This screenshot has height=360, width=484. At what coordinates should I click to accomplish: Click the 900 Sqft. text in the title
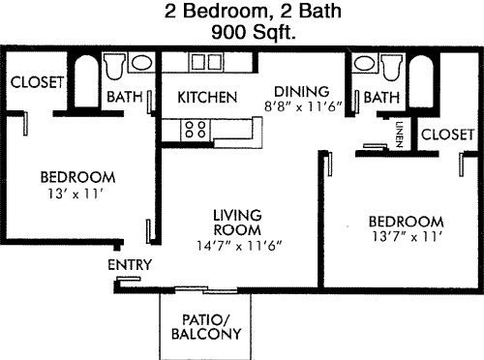click(x=254, y=32)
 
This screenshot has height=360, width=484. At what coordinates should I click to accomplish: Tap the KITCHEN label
click(x=207, y=97)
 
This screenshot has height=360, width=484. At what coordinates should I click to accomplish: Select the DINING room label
click(x=302, y=92)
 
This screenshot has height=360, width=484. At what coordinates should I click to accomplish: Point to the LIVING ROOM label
click(x=237, y=223)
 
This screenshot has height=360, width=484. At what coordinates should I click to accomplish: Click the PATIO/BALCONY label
click(x=206, y=327)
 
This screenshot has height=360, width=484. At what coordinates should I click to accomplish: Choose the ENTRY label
click(x=130, y=265)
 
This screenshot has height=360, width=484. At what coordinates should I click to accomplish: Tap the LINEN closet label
click(x=400, y=135)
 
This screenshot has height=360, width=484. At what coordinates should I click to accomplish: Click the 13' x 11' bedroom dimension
click(x=76, y=194)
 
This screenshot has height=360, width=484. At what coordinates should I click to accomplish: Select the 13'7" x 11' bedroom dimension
click(x=407, y=236)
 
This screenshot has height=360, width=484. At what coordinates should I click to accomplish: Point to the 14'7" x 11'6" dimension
click(x=239, y=246)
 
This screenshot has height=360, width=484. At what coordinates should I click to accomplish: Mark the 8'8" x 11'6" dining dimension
click(x=303, y=106)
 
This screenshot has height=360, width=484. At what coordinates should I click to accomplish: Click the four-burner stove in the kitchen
click(x=196, y=130)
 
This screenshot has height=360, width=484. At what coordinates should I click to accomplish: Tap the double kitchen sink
click(x=206, y=62)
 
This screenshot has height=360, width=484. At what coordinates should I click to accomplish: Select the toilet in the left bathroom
click(x=114, y=66)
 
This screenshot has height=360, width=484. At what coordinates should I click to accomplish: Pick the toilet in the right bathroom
click(x=392, y=67)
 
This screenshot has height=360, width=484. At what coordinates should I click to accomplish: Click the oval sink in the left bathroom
click(x=141, y=63)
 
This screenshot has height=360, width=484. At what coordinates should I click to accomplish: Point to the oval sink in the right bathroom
click(x=364, y=64)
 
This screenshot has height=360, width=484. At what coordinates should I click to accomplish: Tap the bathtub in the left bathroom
click(x=86, y=80)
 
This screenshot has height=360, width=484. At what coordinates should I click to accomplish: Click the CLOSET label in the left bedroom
click(x=37, y=82)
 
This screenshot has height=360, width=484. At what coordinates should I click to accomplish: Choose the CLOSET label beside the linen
click(x=447, y=135)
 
